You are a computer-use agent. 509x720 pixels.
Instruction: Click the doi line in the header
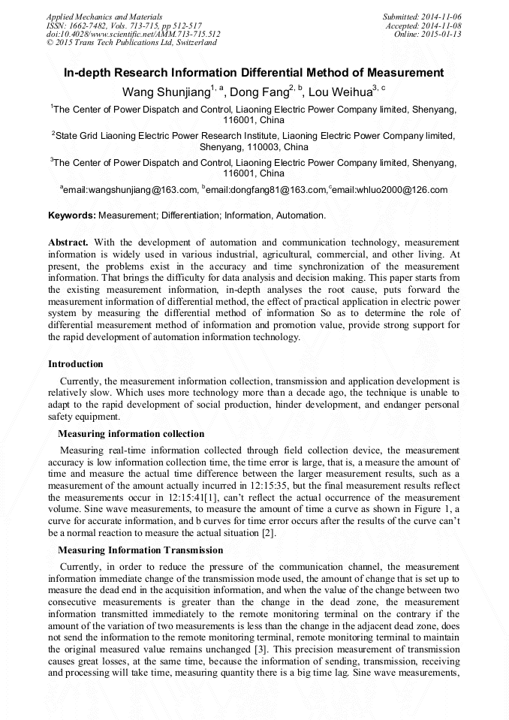[x=134, y=35]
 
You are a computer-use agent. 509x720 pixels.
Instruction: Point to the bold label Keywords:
[x=72, y=215]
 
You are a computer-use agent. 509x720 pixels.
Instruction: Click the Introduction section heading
[x=76, y=364]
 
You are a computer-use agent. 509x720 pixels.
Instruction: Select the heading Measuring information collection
[x=131, y=434]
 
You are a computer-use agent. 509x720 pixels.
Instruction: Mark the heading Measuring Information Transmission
[x=140, y=550]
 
